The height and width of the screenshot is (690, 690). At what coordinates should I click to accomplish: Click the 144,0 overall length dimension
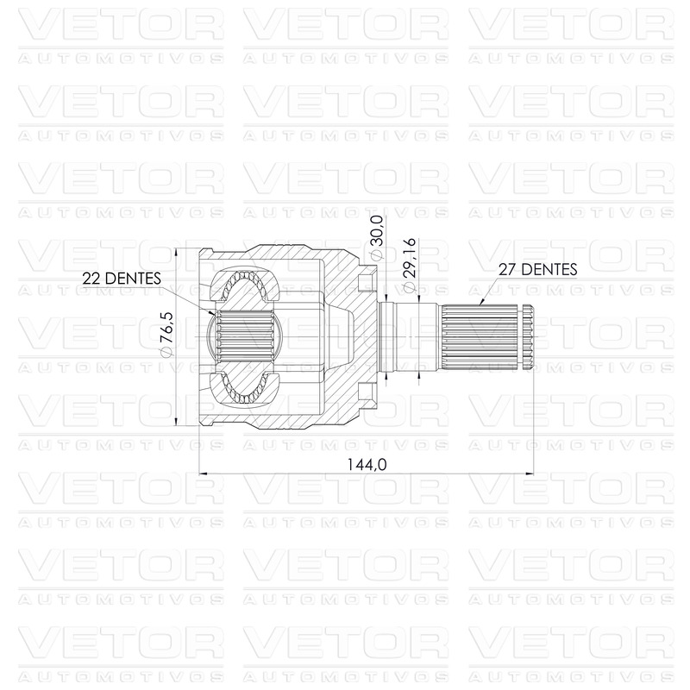point(367,464)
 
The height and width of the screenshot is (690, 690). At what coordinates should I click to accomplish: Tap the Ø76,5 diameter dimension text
point(166,335)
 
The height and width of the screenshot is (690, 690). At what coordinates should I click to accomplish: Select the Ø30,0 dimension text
point(377,238)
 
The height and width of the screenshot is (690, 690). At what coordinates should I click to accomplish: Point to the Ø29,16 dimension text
point(409,265)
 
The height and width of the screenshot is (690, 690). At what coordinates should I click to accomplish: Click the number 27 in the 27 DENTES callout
point(507,269)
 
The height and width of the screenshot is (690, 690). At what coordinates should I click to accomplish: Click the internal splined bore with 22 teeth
point(244,336)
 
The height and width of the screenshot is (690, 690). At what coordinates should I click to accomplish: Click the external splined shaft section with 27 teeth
point(480,336)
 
